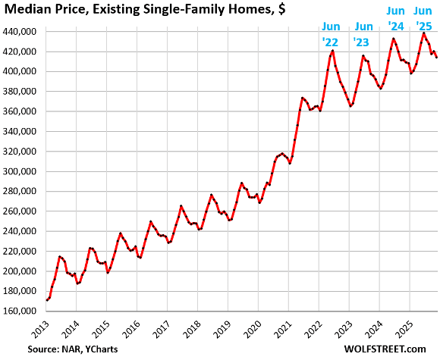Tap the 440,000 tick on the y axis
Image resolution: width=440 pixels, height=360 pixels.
coord(21,32)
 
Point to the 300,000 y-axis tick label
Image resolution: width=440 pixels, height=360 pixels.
coord(21,171)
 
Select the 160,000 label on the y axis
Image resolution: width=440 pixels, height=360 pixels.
coord(21,311)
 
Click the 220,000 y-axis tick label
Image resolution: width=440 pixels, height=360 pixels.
coord(21,251)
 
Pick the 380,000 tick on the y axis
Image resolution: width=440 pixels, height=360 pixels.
coord(21,92)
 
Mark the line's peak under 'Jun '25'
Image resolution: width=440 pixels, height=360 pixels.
coord(423,33)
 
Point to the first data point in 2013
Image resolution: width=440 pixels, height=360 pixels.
coord(47,300)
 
